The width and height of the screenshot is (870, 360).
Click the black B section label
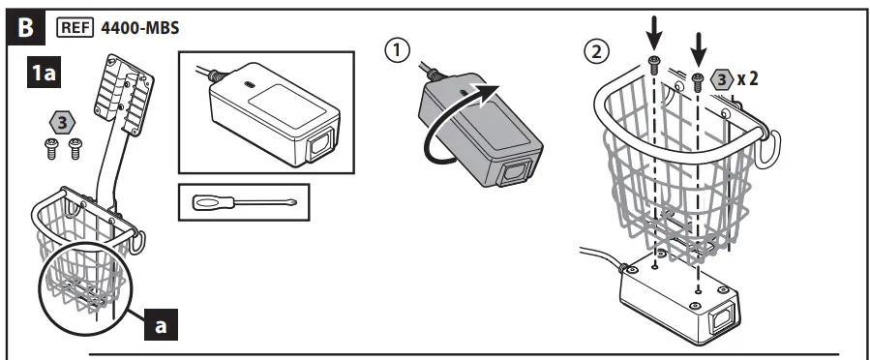click(25, 28)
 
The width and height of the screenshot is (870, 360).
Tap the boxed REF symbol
click(75, 28)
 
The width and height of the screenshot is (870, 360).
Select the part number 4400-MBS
click(139, 28)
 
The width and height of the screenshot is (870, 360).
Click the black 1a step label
click(44, 73)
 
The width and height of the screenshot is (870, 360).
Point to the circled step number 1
click(398, 50)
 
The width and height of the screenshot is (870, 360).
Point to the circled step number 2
click(596, 51)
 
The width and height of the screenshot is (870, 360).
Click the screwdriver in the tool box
click(244, 202)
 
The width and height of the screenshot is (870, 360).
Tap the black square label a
click(161, 324)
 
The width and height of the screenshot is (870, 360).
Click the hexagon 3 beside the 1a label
click(63, 123)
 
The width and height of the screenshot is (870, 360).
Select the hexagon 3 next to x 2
click(721, 80)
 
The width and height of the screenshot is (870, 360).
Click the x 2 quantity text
click(747, 79)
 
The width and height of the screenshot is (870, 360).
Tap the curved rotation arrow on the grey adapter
click(452, 126)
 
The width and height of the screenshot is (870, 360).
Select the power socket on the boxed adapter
click(319, 143)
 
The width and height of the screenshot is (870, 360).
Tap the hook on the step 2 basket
click(769, 146)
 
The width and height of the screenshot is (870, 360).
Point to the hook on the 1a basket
click(136, 242)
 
